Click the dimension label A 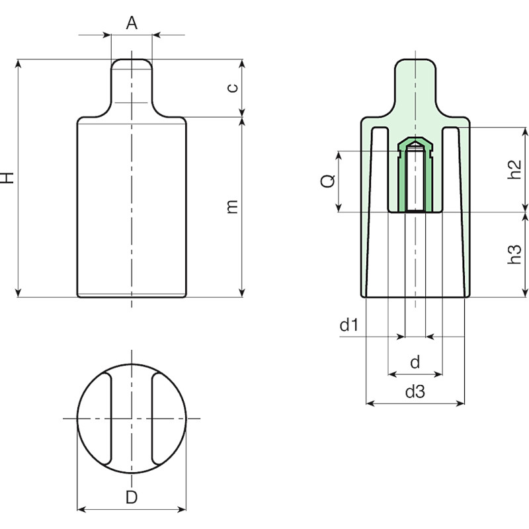tap(132, 23)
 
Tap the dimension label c tap(232, 88)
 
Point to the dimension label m tap(232, 206)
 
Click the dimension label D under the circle tap(132, 497)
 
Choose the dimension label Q tap(327, 181)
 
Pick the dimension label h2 tap(515, 169)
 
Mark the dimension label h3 tap(515, 255)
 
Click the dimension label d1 tap(348, 325)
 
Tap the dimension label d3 tap(415, 391)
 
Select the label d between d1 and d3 tap(415, 362)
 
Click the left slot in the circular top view tap(106, 419)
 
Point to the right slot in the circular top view tap(157, 419)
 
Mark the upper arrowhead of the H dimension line tap(19, 63)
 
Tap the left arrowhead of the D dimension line tap(81, 509)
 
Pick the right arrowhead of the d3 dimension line tap(460, 403)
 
